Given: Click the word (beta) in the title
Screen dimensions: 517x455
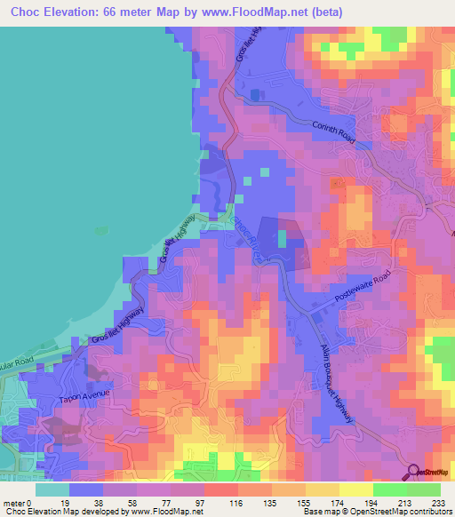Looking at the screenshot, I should click(325, 12).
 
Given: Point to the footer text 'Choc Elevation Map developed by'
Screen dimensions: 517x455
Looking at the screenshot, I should click(54, 512).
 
